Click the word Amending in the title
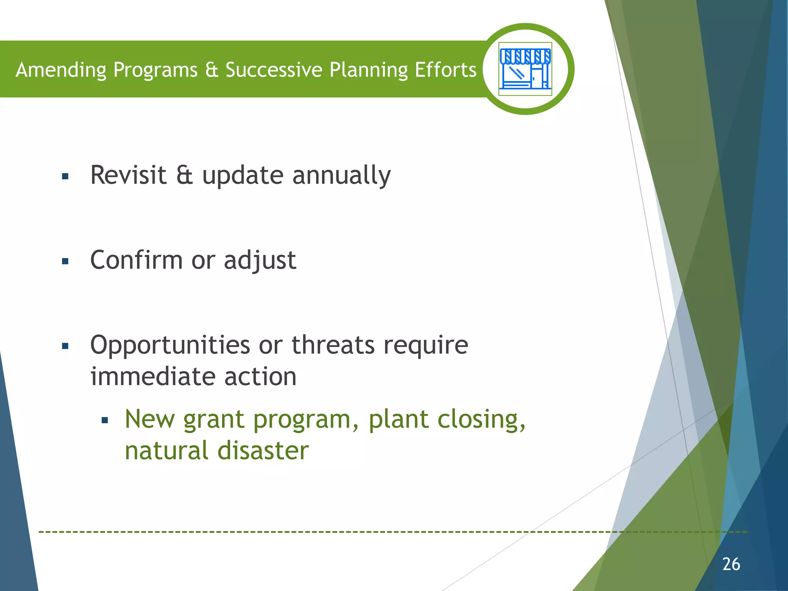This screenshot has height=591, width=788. [x=61, y=70]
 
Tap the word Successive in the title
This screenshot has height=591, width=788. [x=274, y=70]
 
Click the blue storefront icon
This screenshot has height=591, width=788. [x=525, y=69]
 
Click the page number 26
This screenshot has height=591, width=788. [x=731, y=564]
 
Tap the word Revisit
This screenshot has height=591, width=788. [x=128, y=175]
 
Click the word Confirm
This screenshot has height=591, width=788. [x=136, y=260]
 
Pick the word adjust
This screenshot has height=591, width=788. [x=260, y=261]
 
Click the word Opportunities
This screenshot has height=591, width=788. [x=170, y=345]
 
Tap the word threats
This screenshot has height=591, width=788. [x=333, y=345]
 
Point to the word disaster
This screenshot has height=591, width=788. [x=263, y=451]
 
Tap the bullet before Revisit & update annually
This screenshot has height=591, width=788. [x=65, y=177]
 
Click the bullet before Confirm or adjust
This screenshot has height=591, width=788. [x=65, y=262]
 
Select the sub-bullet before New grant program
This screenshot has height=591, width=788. [x=105, y=421]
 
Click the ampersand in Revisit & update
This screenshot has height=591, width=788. [x=184, y=175]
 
